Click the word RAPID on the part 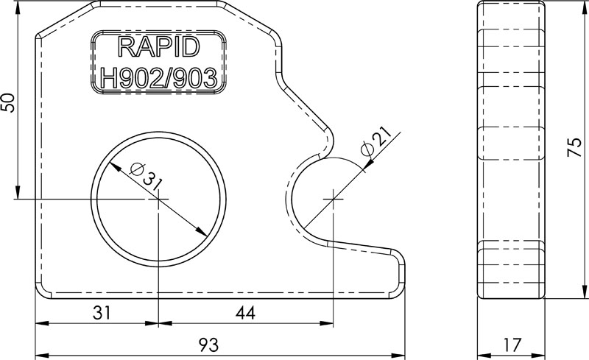(x=158, y=49)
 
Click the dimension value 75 (x=576, y=147)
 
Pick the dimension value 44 (x=245, y=313)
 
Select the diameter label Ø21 (x=375, y=141)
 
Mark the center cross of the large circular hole (x=157, y=200)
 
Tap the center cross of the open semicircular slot (x=334, y=199)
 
